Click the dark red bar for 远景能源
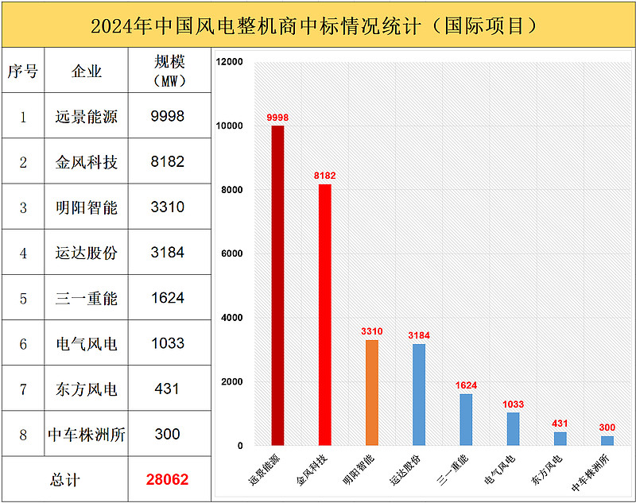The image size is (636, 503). click(277, 286)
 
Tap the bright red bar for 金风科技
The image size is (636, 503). click(324, 315)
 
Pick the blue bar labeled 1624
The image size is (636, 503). click(466, 420)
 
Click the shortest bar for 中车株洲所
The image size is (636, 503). click(607, 440)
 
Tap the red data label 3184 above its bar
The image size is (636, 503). click(419, 336)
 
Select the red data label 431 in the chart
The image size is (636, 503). click(560, 424)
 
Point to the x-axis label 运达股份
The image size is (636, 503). click(406, 470)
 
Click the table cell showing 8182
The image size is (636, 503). click(167, 162)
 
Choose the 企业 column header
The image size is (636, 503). click(87, 72)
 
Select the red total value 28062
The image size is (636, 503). click(167, 480)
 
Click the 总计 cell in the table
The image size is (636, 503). click(65, 480)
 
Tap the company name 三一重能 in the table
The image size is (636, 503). click(87, 299)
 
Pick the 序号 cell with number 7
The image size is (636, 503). click(23, 389)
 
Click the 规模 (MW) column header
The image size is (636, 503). click(168, 71)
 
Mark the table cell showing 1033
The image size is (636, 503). click(167, 344)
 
